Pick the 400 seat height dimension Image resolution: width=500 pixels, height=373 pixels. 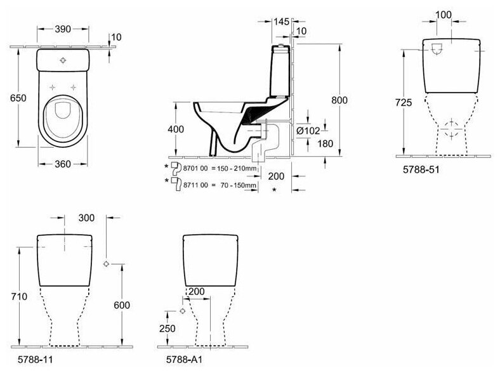click(176, 129)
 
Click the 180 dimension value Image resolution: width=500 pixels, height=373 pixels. click(325, 143)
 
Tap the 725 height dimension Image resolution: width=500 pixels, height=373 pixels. click(405, 101)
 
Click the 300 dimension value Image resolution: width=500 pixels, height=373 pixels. click(87, 218)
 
